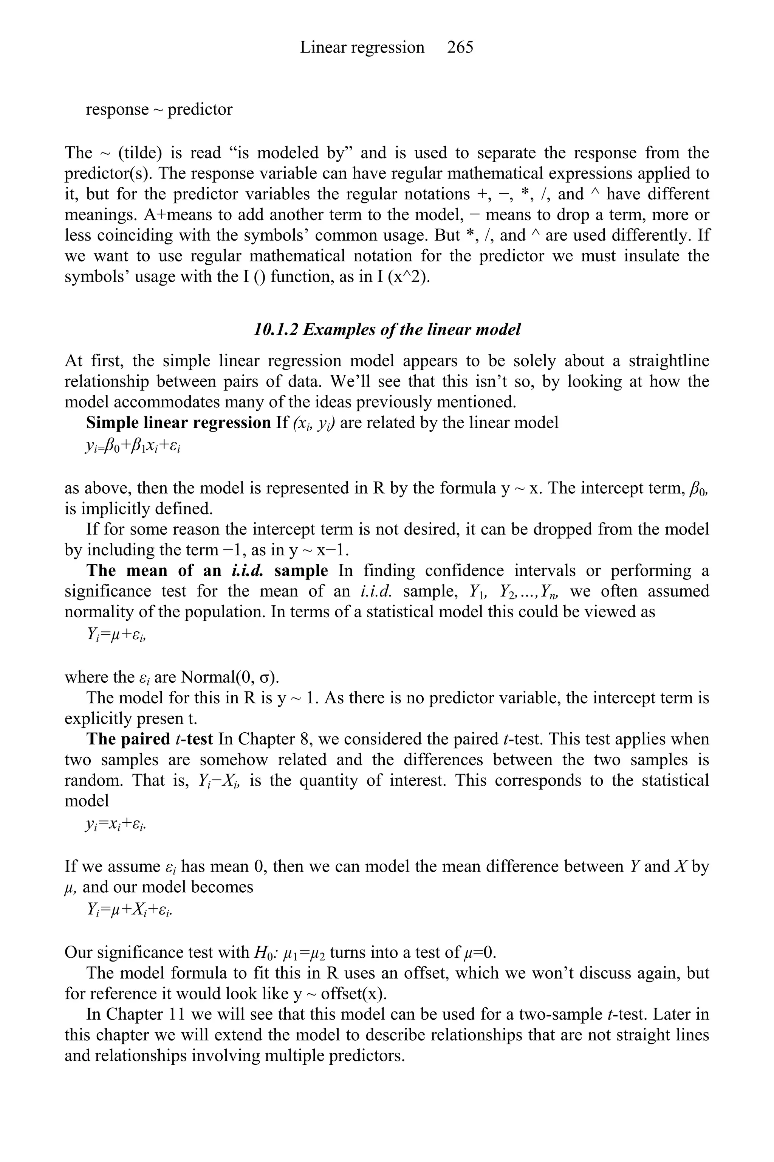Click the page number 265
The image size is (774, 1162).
460,47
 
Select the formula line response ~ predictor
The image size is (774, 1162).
159,109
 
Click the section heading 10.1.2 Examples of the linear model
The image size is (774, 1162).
387,329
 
